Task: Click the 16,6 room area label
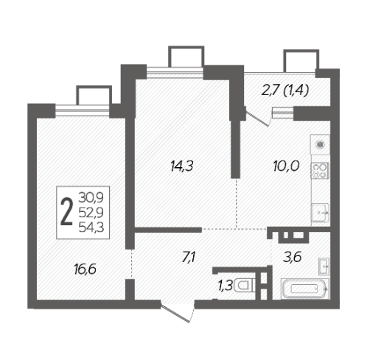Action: pos(85,269)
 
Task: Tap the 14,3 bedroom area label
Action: pos(182,166)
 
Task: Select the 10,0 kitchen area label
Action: pos(286,166)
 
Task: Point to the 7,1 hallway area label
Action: pos(189,258)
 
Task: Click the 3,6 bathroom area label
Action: pos(292,258)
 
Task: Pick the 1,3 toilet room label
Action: pos(225,286)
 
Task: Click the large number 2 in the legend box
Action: pos(67,212)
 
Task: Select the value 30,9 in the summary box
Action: pos(91,197)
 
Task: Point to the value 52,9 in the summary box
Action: pos(91,213)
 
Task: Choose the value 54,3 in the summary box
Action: pos(91,227)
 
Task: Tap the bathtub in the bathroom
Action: pos(304,289)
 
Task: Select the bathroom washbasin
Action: pos(324,266)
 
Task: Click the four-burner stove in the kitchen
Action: pos(320,171)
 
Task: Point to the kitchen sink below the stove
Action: pos(321,213)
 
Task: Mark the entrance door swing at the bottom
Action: pos(178,312)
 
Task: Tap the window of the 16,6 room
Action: pos(83,111)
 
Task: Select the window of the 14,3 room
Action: pos(175,73)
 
